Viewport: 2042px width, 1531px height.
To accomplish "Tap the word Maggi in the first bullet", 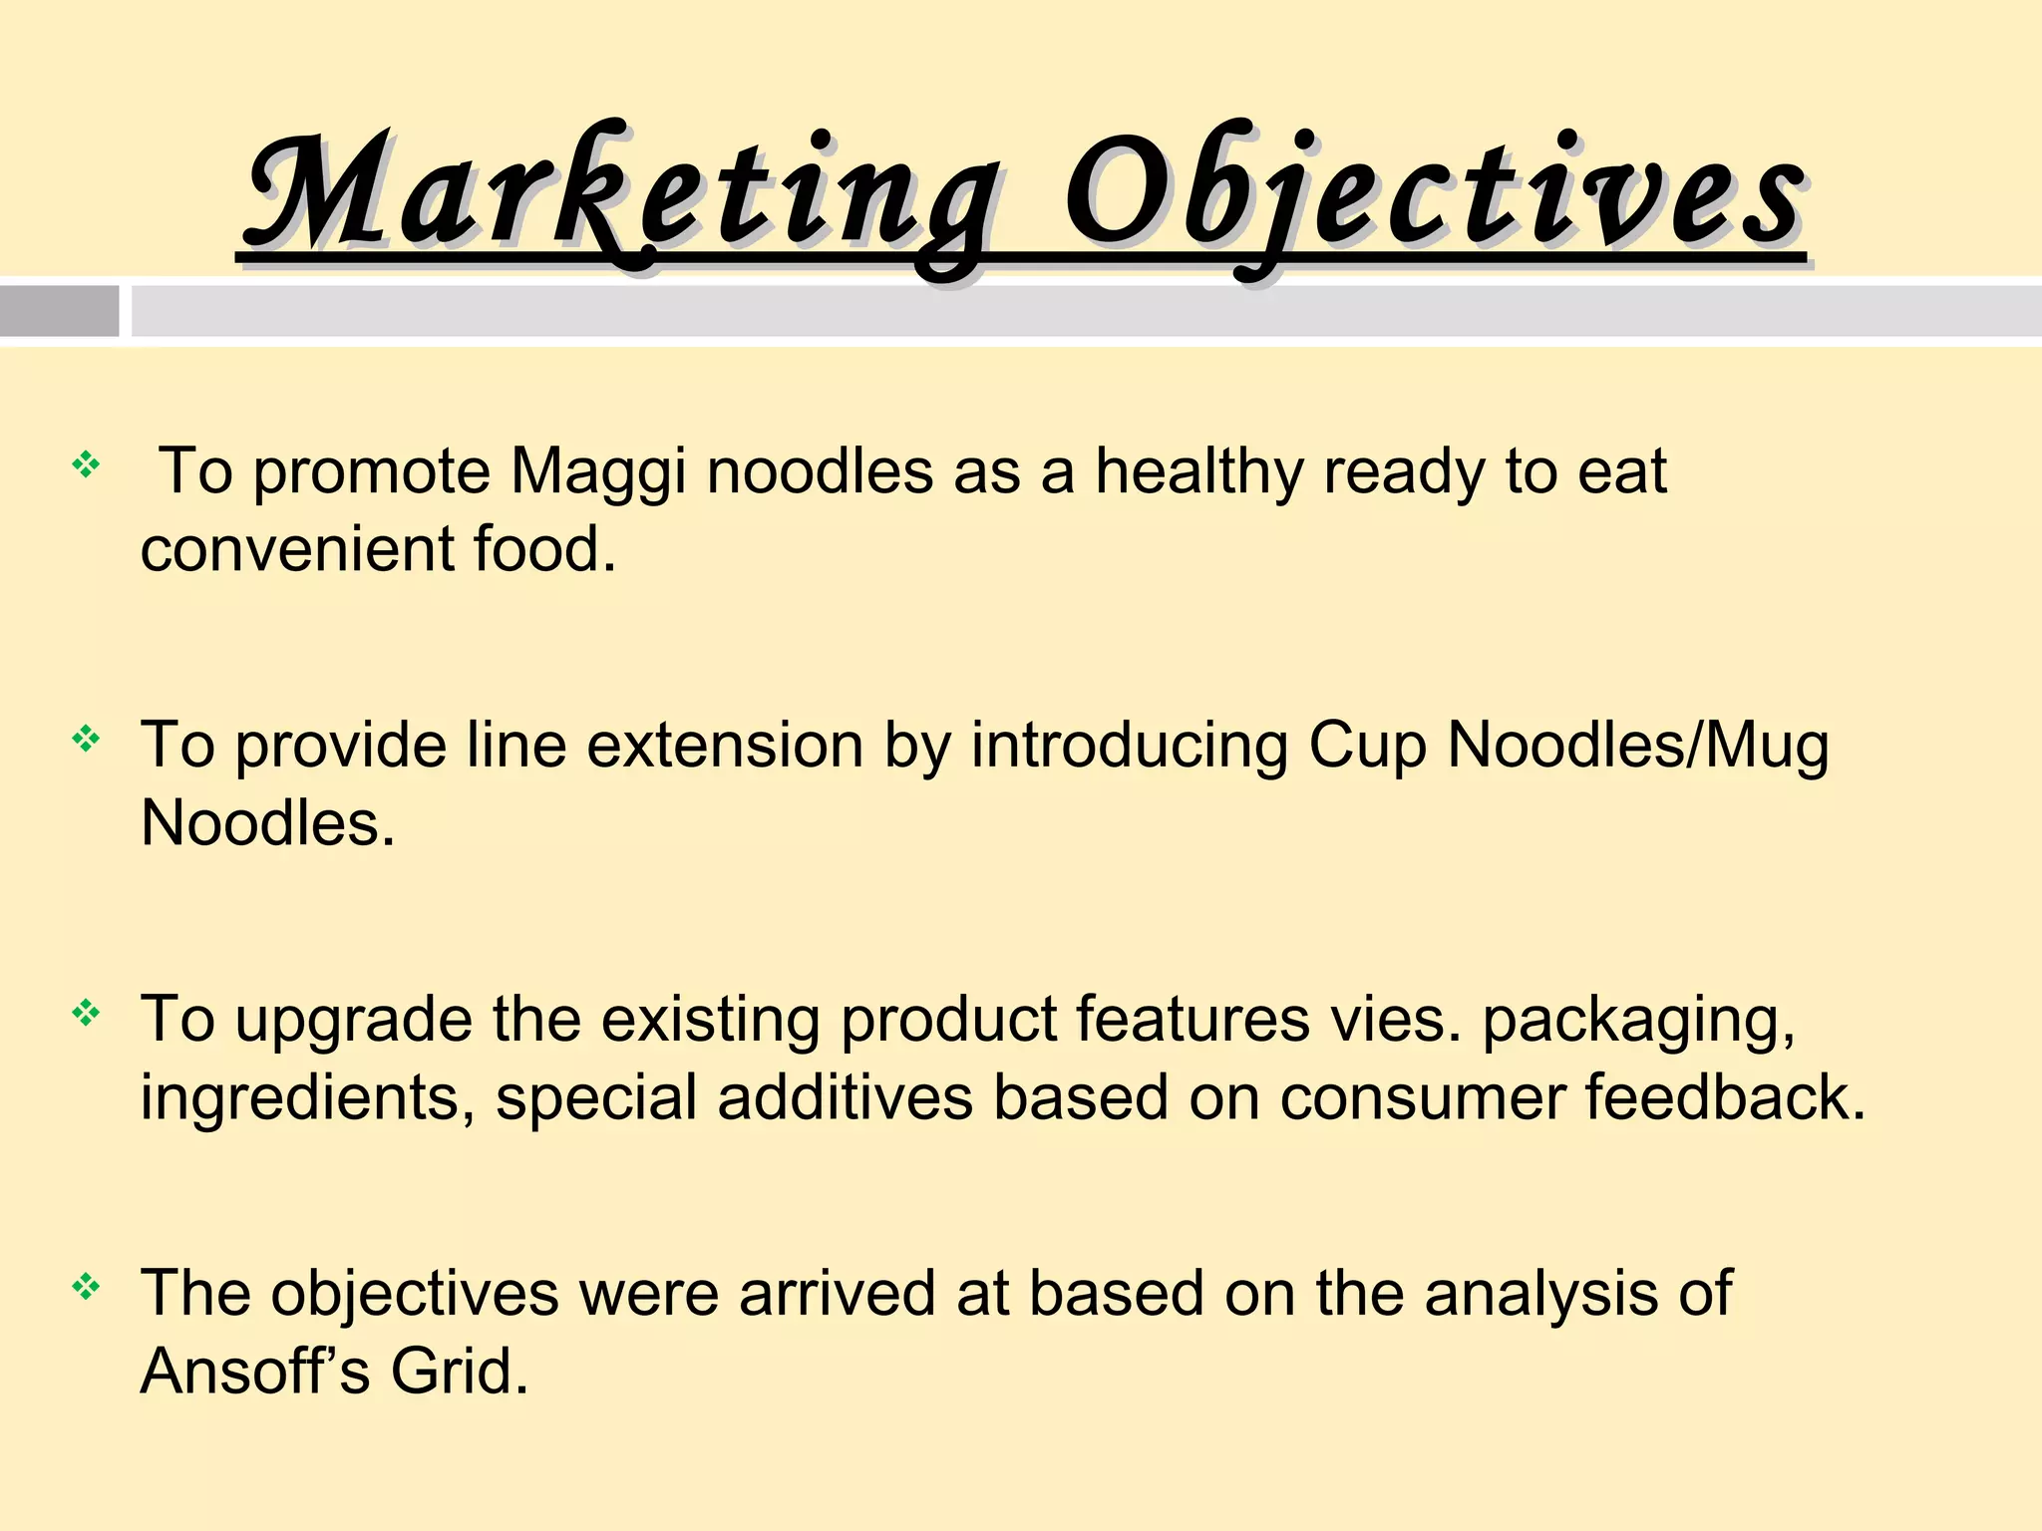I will tap(598, 470).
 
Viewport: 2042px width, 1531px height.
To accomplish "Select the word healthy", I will tap(1198, 470).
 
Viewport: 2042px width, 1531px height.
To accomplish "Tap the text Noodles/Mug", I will tap(1638, 745).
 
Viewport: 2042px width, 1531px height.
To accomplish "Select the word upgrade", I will tap(354, 1021).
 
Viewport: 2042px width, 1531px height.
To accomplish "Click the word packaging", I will tap(1639, 1021).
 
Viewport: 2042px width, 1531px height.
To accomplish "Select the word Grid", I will tap(459, 1371).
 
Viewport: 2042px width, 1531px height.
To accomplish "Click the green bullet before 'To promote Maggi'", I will tap(86, 464).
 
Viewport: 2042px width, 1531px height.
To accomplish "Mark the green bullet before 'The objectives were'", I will tap(86, 1287).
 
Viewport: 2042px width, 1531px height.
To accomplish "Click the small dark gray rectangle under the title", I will tap(59, 311).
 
